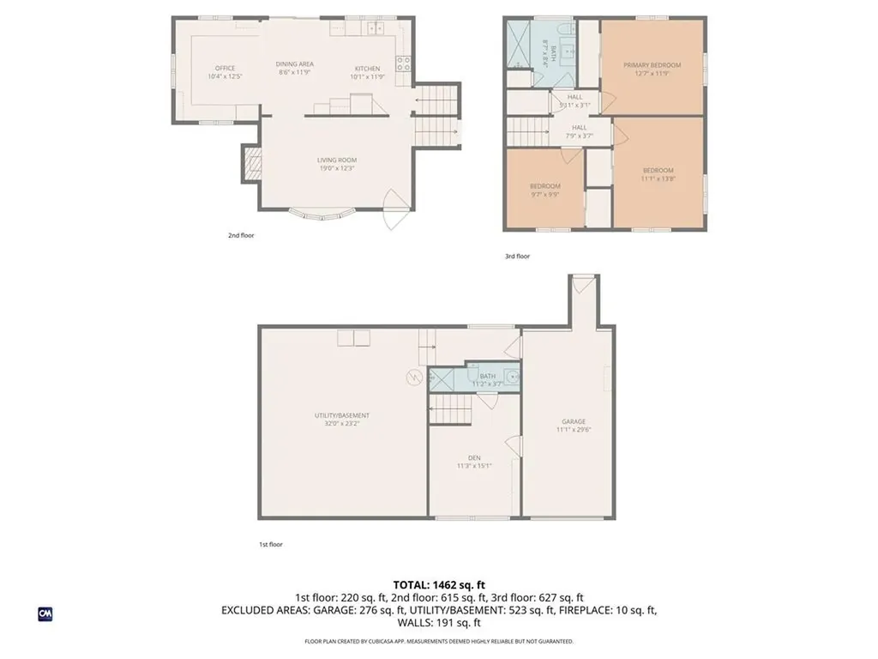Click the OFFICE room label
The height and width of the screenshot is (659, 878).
pos(225,69)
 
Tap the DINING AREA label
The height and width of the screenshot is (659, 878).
pos(294,64)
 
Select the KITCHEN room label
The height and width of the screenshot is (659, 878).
pos(368,69)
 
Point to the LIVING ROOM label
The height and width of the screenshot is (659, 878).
pos(337,160)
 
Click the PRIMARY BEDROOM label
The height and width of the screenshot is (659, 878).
pos(652,65)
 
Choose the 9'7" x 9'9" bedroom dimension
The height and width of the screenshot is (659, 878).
pos(544,195)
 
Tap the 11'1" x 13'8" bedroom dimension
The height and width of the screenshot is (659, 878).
pos(658,178)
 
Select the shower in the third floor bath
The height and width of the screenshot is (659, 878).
pos(520,43)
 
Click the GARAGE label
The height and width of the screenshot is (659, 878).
pos(574,421)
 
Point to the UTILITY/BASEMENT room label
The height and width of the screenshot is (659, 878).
pos(342,415)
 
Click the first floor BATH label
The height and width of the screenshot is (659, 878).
pos(487,376)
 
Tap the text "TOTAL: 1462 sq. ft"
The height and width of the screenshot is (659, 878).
pos(438,585)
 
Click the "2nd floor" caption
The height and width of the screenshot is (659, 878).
pos(241,235)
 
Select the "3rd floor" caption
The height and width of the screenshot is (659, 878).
pos(517,256)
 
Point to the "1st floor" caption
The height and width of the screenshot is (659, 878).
pos(270,544)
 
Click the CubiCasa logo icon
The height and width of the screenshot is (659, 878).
pos(45,614)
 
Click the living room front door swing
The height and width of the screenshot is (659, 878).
pos(393,209)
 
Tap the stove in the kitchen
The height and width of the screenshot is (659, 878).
pos(402,63)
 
